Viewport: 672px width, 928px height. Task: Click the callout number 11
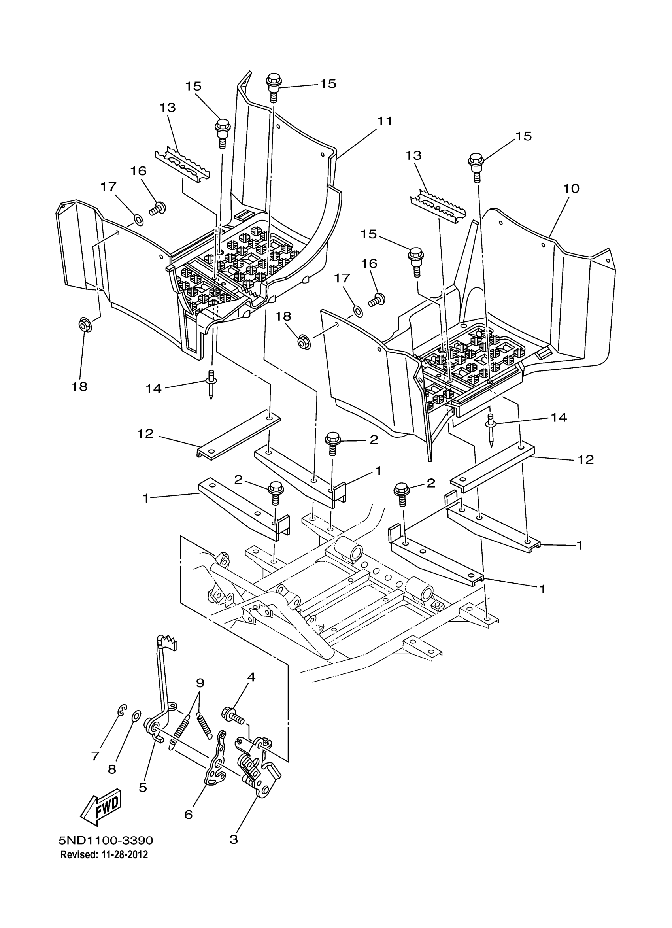385,121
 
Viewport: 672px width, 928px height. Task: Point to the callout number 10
571,189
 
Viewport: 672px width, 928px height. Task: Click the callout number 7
95,756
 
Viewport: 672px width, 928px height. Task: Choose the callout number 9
200,683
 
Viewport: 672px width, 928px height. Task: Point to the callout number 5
143,787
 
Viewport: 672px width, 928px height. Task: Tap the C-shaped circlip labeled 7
122,710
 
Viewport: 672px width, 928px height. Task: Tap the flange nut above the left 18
85,326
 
